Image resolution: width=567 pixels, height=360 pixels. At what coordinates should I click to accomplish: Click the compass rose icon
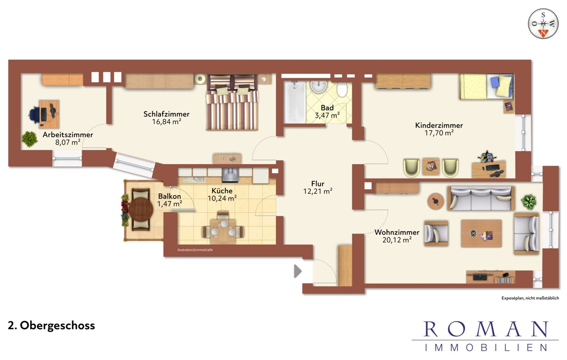pyautogui.click(x=543, y=24)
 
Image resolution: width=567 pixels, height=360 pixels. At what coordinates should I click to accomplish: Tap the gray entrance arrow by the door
pyautogui.click(x=298, y=271)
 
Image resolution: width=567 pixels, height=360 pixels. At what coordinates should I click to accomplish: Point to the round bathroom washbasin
pyautogui.click(x=319, y=87)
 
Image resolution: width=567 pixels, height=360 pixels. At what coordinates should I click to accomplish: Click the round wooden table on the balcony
pyautogui.click(x=141, y=210)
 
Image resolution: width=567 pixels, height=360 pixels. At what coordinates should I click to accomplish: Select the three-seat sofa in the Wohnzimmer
pyautogui.click(x=481, y=199)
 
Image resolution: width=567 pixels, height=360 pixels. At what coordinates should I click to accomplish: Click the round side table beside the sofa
pyautogui.click(x=435, y=201)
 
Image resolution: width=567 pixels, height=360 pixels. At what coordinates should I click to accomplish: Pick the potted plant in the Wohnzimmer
pyautogui.click(x=528, y=202)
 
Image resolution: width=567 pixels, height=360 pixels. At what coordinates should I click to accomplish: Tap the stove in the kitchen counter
pyautogui.click(x=230, y=175)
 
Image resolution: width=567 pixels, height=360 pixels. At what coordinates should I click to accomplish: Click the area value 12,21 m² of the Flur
pyautogui.click(x=318, y=191)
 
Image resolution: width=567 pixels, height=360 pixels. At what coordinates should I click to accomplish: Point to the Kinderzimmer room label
pyautogui.click(x=439, y=125)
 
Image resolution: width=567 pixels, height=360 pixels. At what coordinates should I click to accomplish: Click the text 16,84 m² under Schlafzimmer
pyautogui.click(x=167, y=122)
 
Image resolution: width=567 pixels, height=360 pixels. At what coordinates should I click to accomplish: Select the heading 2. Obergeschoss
pyautogui.click(x=52, y=326)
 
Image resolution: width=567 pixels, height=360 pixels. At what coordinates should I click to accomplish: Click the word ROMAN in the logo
pyautogui.click(x=486, y=329)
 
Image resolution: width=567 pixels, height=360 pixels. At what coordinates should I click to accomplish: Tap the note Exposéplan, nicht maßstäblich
pyautogui.click(x=530, y=298)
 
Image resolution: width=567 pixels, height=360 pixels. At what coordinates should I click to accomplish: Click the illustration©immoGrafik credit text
pyautogui.click(x=195, y=250)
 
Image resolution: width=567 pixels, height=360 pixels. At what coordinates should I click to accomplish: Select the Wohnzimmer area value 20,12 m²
pyautogui.click(x=397, y=240)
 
